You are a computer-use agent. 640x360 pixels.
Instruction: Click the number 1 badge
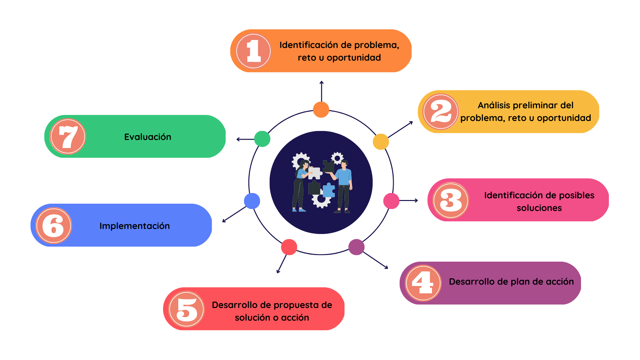[254, 51]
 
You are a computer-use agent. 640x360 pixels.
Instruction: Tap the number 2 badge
[441, 112]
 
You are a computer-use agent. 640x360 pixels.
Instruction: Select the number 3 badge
[451, 200]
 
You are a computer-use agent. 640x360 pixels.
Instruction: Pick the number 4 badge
[423, 283]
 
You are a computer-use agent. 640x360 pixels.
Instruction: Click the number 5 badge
[187, 309]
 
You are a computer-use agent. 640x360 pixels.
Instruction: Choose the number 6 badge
[53, 225]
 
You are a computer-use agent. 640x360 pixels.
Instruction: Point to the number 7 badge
[68, 136]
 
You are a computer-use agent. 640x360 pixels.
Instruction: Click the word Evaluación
[148, 137]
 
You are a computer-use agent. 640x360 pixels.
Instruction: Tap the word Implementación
[135, 226]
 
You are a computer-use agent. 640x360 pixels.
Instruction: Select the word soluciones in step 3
[539, 208]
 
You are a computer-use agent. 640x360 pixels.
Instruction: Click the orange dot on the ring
[321, 110]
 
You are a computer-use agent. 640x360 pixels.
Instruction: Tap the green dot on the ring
[262, 139]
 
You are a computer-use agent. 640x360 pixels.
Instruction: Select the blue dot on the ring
[252, 201]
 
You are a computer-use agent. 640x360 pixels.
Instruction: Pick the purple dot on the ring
[356, 247]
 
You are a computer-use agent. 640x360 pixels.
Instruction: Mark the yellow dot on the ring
[381, 142]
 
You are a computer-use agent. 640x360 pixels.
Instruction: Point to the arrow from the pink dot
[409, 200]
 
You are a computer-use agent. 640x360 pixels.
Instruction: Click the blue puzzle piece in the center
[329, 190]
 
